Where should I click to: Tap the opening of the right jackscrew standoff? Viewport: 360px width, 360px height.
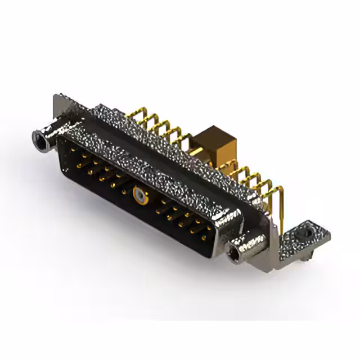[x=233, y=256]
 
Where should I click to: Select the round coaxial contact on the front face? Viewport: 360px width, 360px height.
[x=138, y=196]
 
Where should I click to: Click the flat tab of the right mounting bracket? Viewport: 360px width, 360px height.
[x=304, y=236]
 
